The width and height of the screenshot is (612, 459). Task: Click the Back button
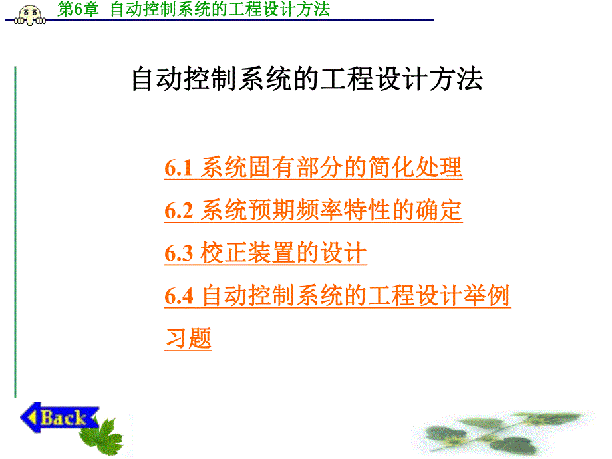click(59, 418)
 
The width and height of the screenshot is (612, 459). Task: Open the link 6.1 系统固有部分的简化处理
click(313, 168)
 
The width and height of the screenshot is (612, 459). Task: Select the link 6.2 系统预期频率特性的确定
click(313, 211)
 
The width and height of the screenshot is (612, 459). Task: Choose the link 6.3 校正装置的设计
click(265, 253)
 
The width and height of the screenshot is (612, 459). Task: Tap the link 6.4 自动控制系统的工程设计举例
click(337, 296)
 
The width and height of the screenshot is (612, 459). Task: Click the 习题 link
click(188, 339)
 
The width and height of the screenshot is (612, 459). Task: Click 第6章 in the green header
click(78, 9)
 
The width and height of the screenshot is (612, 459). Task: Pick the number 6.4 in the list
click(178, 297)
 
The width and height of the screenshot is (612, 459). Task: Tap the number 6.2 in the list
click(178, 212)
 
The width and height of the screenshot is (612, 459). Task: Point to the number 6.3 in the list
click(178, 254)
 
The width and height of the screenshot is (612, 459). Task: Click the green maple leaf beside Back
click(103, 436)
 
